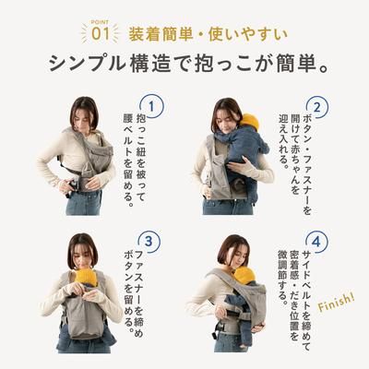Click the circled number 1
point(152,107)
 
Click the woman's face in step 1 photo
point(84,115)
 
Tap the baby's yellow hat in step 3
point(87,276)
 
